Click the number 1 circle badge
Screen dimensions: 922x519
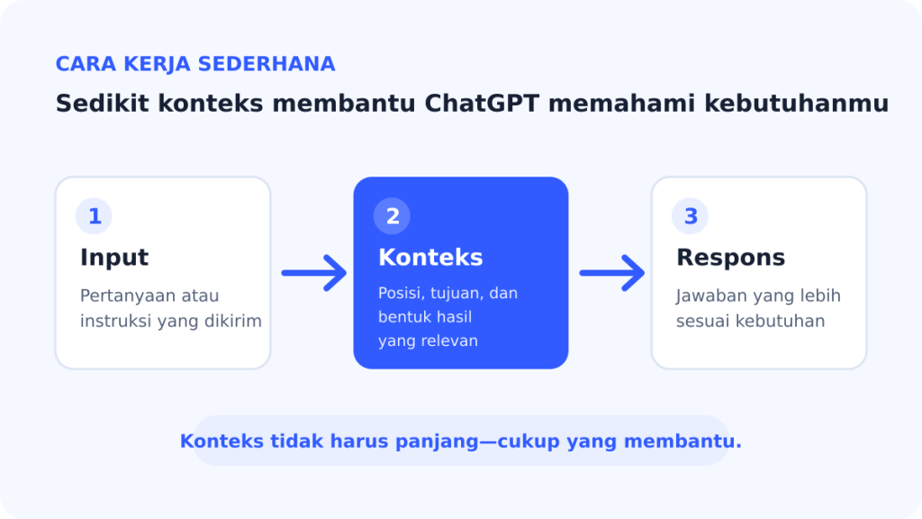click(94, 216)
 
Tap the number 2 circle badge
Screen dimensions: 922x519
click(392, 216)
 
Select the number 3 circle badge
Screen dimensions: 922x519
click(690, 216)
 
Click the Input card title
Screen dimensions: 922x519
click(114, 258)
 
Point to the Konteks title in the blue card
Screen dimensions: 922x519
click(430, 258)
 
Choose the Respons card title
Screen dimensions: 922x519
click(730, 258)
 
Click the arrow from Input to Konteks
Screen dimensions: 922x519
click(314, 273)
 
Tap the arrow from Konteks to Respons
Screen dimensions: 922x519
click(612, 273)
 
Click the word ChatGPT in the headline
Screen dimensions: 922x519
click(482, 104)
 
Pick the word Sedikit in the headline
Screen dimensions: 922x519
click(103, 104)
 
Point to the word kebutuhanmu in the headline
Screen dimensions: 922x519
click(796, 104)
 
